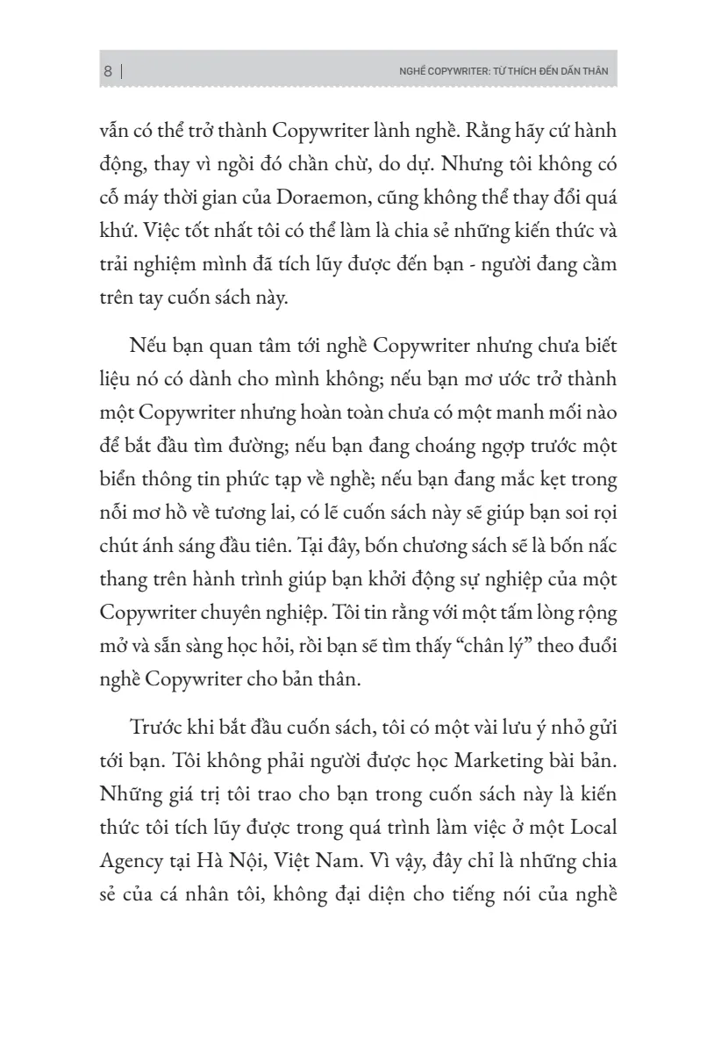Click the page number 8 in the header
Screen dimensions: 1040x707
tap(108, 73)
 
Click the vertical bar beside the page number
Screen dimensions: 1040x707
tap(120, 73)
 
